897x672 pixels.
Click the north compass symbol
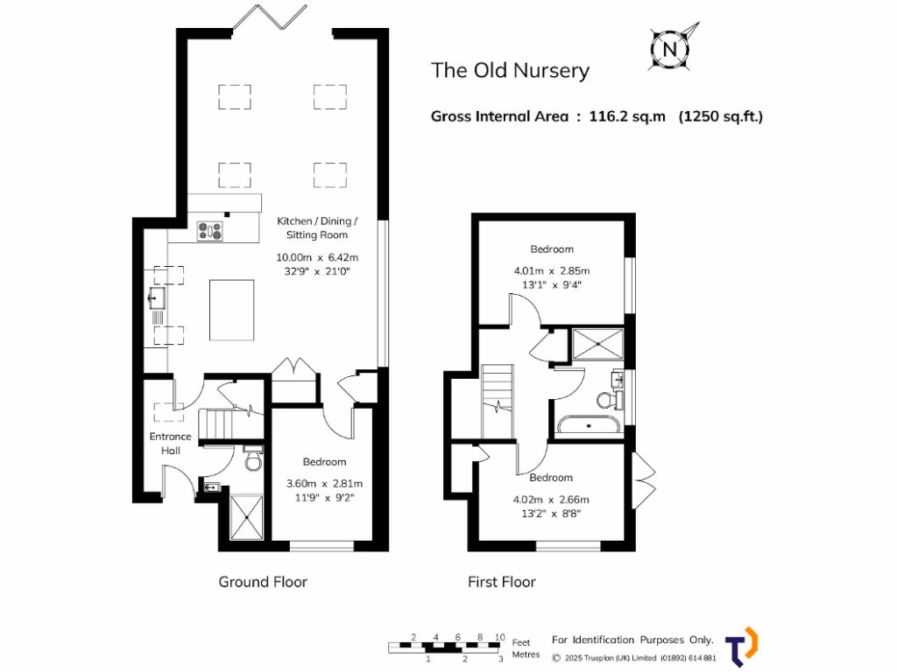671,48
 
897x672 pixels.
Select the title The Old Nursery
510,71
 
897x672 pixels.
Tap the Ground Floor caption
263,582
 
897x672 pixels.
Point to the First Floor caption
501,582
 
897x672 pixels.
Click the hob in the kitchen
210,231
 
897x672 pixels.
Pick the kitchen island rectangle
232,310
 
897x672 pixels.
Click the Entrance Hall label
170,443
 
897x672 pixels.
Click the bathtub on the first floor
589,426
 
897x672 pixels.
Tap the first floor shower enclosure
597,344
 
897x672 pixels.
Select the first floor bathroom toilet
606,400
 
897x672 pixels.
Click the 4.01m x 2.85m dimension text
552,270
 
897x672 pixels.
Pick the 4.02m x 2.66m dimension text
551,500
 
